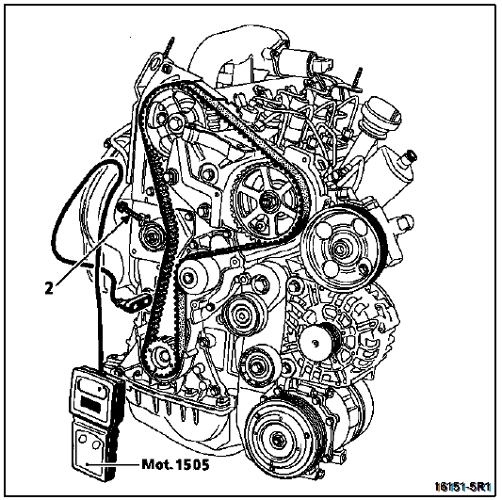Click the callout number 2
pos(49,289)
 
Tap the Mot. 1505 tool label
pos(175,464)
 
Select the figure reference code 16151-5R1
pos(463,487)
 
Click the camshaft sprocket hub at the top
pos(173,122)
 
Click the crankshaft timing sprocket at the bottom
pos(161,356)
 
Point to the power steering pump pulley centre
pos(339,248)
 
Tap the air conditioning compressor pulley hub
pos(276,440)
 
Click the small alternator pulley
pos(317,343)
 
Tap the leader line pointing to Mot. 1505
pos(113,464)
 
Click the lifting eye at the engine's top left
pos(155,61)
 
